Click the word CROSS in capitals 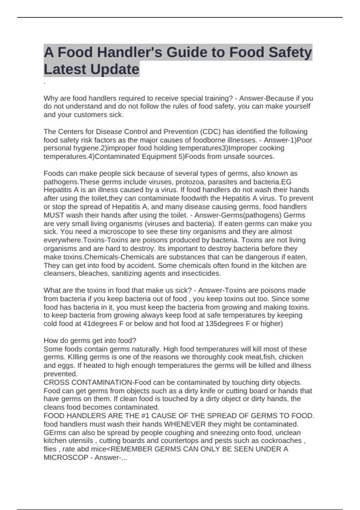click(55, 382)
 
